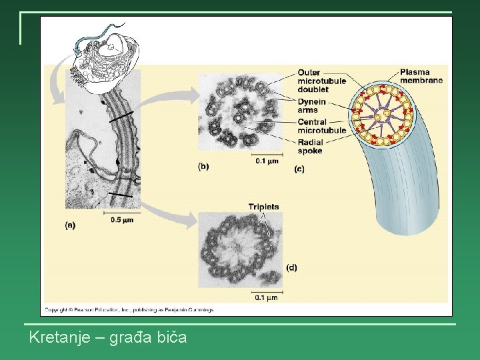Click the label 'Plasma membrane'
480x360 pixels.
click(421, 76)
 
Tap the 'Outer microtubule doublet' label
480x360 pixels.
click(321, 81)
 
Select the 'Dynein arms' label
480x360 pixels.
click(312, 105)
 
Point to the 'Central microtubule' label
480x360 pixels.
click(321, 126)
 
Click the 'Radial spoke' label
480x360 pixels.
click(310, 147)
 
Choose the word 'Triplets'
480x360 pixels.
click(263, 207)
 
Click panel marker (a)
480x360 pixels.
click(70, 225)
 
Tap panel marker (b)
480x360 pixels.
click(203, 167)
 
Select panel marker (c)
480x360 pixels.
click(299, 169)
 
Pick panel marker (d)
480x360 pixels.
click(291, 267)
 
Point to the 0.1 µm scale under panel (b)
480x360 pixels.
click(267, 161)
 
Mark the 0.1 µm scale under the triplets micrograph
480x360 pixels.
click(265, 297)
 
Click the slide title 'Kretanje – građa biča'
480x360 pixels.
click(108, 337)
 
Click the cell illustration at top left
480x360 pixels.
click(107, 53)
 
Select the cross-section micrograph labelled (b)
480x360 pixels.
click(240, 111)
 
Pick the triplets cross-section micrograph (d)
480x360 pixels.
click(240, 250)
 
